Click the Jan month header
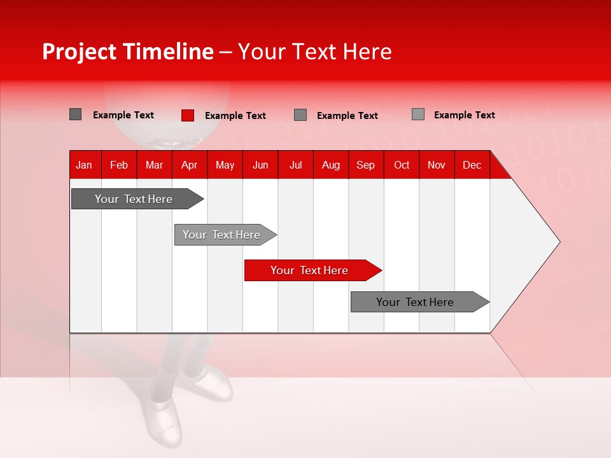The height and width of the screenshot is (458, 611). point(85,165)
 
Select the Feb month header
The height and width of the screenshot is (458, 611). point(119,165)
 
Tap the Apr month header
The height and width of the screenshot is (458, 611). point(190,165)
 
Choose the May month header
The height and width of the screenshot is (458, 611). point(225,165)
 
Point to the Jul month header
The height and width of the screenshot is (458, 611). point(295,165)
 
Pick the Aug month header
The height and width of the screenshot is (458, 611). point(331,165)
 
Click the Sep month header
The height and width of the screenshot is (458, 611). point(366,165)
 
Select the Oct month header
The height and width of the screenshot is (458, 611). point(402,165)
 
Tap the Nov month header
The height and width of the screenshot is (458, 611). point(437,165)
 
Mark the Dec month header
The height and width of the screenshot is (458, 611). point(472,165)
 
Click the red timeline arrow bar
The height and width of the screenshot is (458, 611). point(312,270)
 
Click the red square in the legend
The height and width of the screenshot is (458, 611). point(188,115)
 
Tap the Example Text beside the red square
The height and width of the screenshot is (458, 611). point(235,116)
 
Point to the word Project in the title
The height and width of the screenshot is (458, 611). point(80,52)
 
